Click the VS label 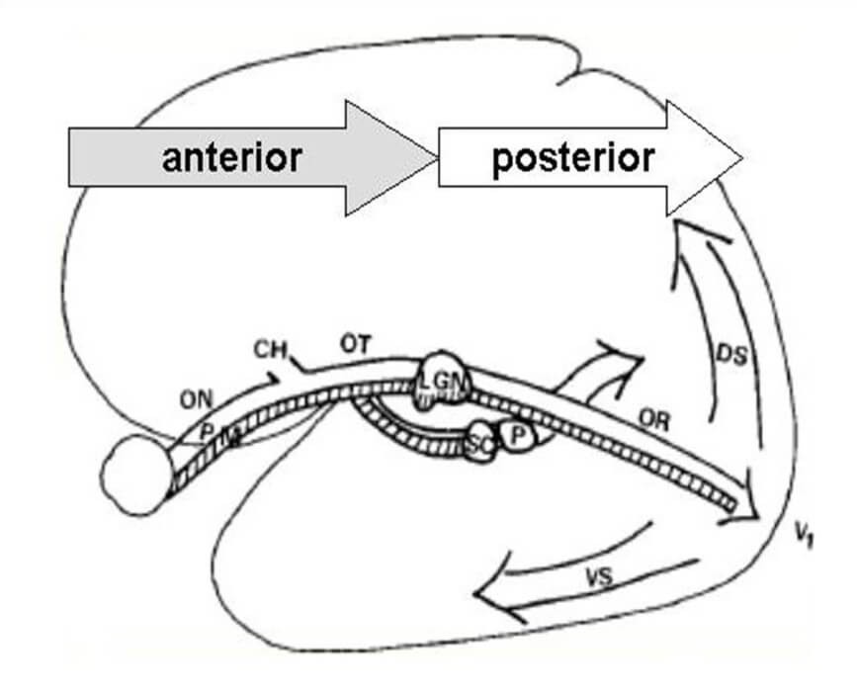[593, 578]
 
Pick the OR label [654, 422]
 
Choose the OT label [356, 345]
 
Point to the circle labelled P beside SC [518, 435]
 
